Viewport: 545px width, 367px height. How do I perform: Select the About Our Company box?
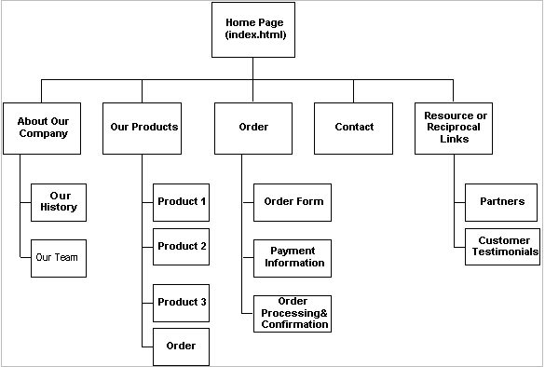click(x=42, y=127)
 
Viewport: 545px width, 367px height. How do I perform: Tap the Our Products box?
click(x=143, y=127)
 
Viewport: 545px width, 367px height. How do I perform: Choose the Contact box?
click(x=354, y=127)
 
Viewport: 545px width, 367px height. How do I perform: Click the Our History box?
click(x=61, y=202)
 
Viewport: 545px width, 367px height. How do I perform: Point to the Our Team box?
click(x=57, y=257)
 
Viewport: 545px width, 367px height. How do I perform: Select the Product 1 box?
click(x=182, y=201)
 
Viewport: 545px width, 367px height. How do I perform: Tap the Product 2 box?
click(x=182, y=247)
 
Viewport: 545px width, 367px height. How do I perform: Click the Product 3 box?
click(x=182, y=302)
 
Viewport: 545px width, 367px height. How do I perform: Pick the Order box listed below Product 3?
click(x=182, y=347)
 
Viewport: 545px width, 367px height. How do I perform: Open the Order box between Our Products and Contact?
click(x=253, y=127)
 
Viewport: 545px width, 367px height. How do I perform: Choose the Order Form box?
click(x=293, y=201)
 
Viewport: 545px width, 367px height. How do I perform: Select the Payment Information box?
click(x=293, y=256)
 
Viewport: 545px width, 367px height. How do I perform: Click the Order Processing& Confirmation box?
click(x=293, y=313)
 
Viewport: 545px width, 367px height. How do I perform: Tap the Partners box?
click(x=502, y=201)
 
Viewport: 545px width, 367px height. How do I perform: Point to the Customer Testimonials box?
click(x=502, y=246)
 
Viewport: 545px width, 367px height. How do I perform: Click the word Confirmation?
click(x=293, y=324)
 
